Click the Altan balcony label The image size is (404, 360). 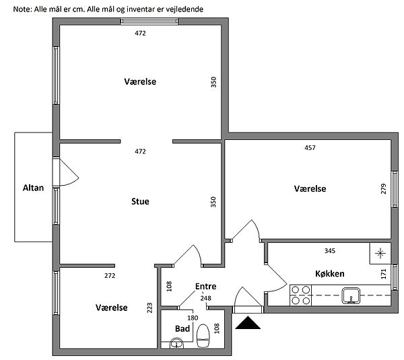tap(33, 188)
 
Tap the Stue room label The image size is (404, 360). tap(140, 201)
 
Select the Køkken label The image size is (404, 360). tap(330, 273)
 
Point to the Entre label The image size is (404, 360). tap(205, 286)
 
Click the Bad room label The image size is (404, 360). tap(182, 328)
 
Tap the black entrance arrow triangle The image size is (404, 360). tap(248, 323)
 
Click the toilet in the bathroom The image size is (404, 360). tap(203, 336)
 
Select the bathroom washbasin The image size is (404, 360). tap(176, 344)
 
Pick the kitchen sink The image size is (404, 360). tap(351, 295)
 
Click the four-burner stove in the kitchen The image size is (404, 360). tap(301, 295)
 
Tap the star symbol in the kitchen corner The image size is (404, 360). tap(380, 254)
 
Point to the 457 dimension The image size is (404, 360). tap(310, 148)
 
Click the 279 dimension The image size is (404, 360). tap(383, 189)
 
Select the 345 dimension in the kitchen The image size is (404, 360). tap(330, 250)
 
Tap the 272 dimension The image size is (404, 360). tap(110, 276)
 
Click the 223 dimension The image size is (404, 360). tap(149, 308)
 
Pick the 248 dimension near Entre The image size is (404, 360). tap(205, 298)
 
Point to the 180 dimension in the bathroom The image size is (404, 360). tap(193, 318)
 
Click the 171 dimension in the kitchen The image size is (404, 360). tap(384, 274)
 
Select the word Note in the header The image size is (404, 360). tap(22, 9)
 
